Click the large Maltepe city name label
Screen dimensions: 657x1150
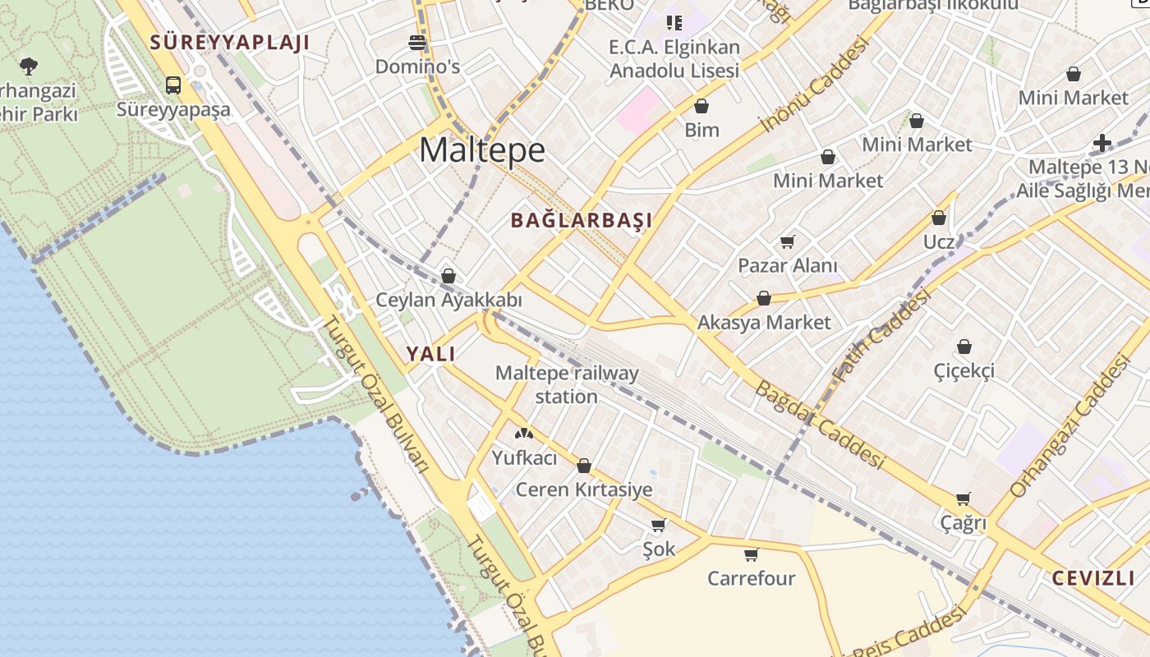(482, 150)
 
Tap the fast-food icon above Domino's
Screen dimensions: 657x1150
(417, 42)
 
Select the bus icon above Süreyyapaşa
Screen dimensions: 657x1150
(173, 85)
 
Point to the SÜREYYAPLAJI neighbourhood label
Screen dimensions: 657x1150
(229, 43)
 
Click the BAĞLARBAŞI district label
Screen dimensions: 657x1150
(582, 220)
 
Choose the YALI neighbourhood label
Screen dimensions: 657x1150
(430, 354)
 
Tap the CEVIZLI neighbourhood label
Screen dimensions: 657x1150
(1093, 577)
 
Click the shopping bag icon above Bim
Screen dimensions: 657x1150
(701, 106)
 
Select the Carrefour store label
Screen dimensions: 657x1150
(752, 578)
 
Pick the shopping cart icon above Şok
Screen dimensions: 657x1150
(658, 525)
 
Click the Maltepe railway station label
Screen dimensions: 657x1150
(567, 384)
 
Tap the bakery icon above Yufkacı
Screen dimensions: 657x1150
(523, 433)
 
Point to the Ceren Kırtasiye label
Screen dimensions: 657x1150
(584, 490)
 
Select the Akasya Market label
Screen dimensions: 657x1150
(764, 323)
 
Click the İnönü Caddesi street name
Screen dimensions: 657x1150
(814, 85)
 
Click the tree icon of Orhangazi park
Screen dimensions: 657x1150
(29, 65)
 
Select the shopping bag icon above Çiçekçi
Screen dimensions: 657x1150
(964, 347)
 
